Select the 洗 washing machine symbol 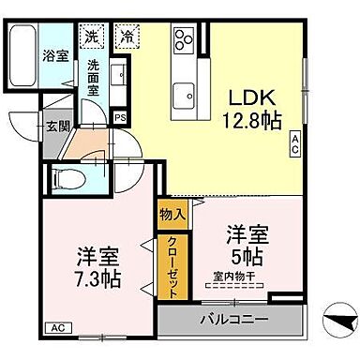[91, 37]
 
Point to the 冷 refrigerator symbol [126, 37]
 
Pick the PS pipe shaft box [120, 116]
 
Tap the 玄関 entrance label [52, 126]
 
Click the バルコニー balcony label [232, 319]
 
